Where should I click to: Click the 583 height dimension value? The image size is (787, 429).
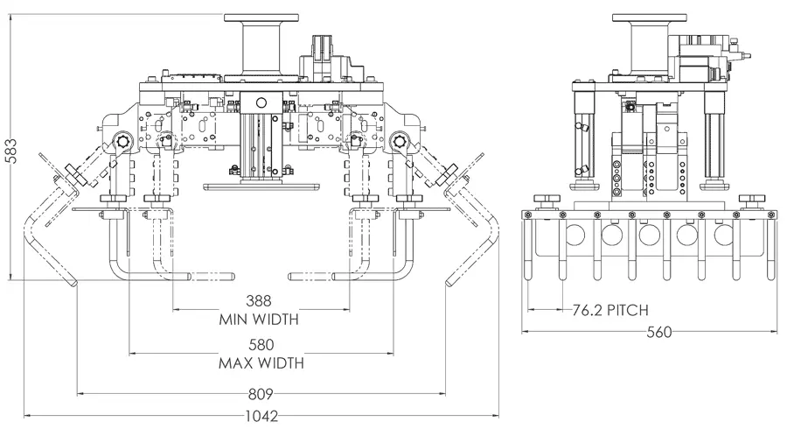pos(10,151)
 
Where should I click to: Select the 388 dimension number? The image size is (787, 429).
pos(259,301)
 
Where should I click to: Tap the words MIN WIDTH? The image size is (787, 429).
pos(259,319)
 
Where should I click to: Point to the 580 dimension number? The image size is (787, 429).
pos(261,345)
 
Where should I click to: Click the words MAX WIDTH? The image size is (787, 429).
pos(261,362)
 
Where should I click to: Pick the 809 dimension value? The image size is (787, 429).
pos(261,394)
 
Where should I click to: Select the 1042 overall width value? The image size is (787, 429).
pos(261,416)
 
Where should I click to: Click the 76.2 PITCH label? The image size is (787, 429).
pos(610,310)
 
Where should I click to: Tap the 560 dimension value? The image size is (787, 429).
pos(659,332)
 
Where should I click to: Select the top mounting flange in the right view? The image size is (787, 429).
pos(650,18)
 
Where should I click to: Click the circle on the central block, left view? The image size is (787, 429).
pos(261,103)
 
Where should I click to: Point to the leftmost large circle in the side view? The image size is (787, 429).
pos(575,234)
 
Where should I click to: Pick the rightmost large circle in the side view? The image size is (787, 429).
pos(724,234)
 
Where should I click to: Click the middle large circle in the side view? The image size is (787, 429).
pos(650,234)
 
